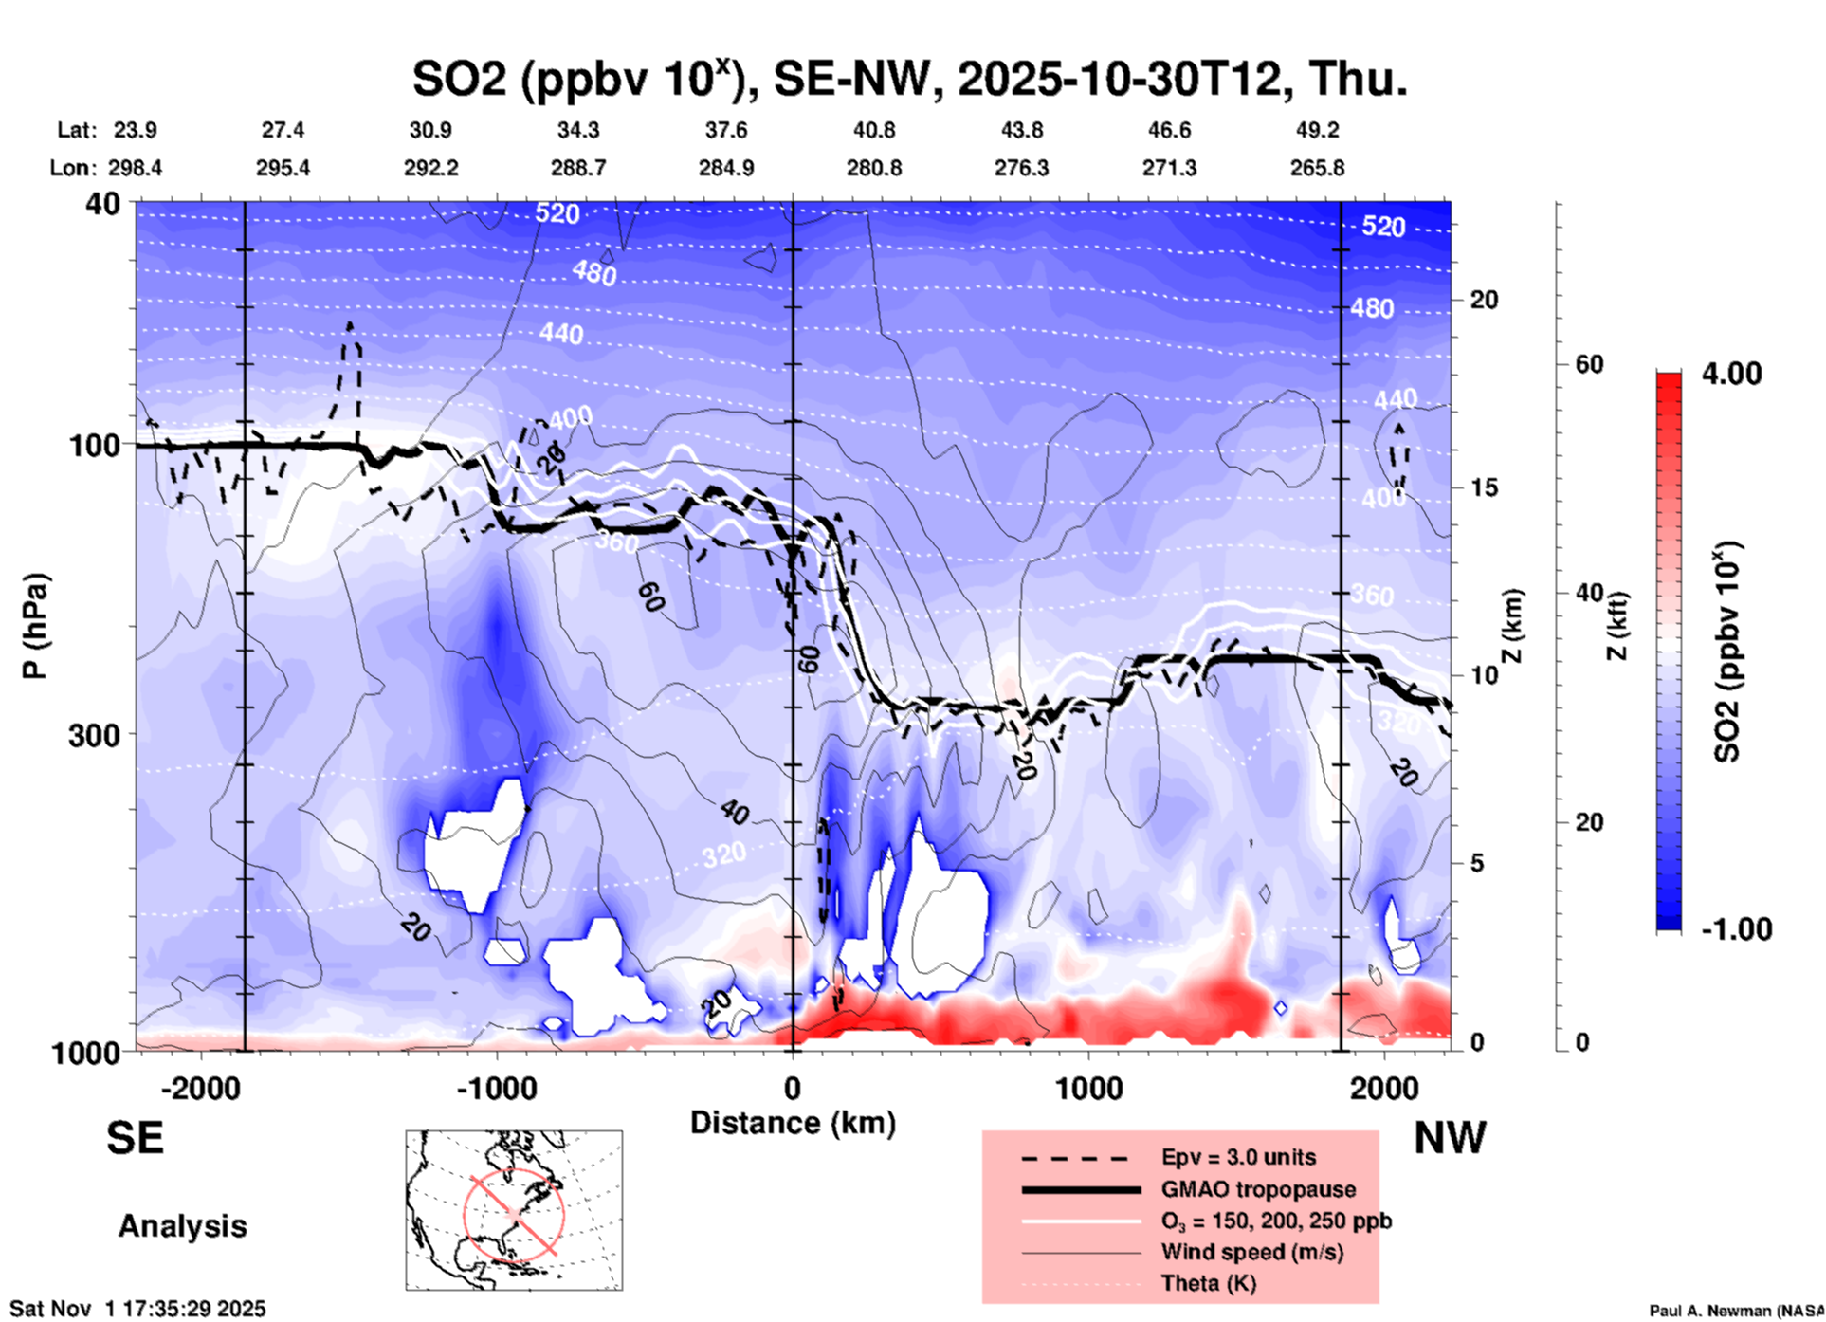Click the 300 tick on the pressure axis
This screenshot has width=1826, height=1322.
tap(94, 734)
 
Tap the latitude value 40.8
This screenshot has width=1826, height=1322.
tap(873, 130)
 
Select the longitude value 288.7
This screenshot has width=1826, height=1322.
tap(577, 168)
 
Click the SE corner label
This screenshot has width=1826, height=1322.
tap(135, 1137)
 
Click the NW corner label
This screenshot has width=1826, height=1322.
tap(1450, 1137)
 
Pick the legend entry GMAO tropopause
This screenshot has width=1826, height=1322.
tap(1258, 1189)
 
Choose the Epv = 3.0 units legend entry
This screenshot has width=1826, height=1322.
tap(1238, 1157)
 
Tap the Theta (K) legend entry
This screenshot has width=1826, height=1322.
tap(1208, 1283)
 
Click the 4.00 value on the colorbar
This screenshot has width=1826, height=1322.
tap(1731, 373)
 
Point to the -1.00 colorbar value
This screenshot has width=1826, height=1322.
tap(1736, 928)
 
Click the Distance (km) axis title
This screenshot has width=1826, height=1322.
tap(793, 1123)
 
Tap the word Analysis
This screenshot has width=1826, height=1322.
tap(182, 1225)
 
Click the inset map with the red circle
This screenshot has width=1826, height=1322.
tap(514, 1210)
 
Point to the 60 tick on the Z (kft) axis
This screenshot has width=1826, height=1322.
tap(1589, 364)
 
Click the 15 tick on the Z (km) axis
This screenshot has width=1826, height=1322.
tap(1484, 487)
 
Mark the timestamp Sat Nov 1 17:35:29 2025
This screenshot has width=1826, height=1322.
tap(137, 1310)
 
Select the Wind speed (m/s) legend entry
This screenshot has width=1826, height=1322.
tap(1251, 1252)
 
